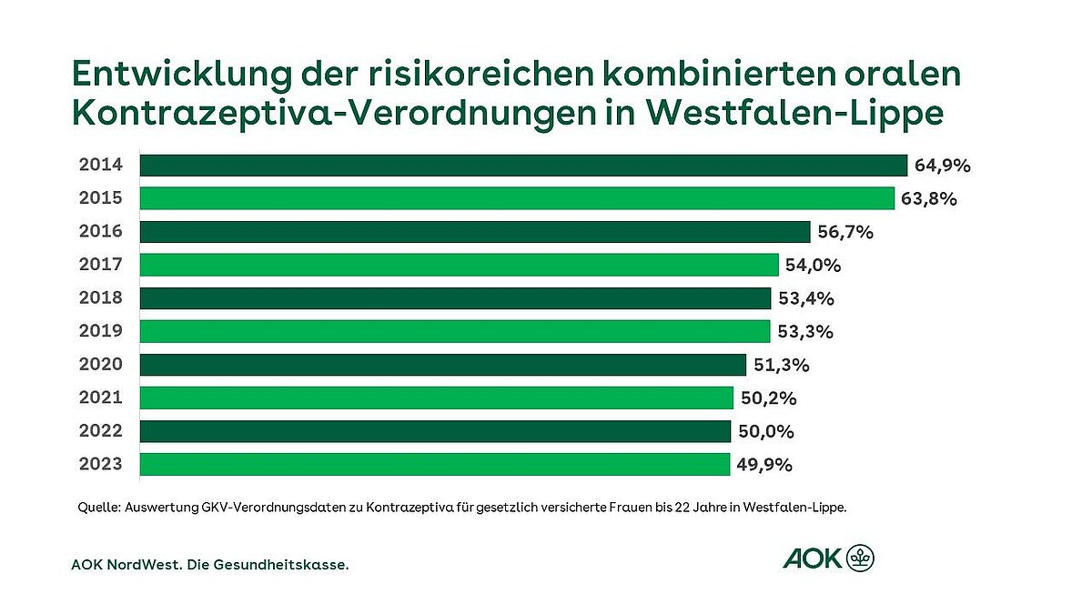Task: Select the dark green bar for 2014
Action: [523, 166]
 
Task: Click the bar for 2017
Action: [460, 265]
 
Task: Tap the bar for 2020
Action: [443, 365]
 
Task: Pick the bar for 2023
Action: [435, 464]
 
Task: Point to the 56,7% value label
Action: [846, 232]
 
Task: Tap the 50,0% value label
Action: [765, 431]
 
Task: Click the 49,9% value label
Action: [764, 465]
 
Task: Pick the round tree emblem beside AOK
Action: [860, 558]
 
